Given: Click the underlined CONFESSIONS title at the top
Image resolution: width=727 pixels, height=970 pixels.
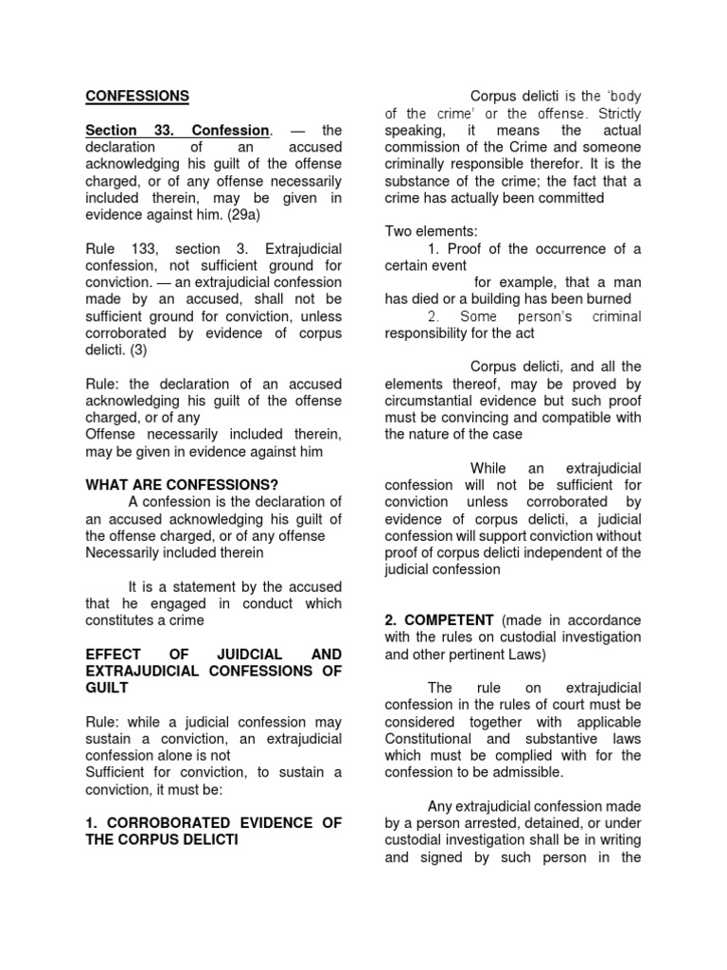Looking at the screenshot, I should coord(137,96).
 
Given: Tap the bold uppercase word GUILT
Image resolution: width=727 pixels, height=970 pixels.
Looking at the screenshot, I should coord(106,689).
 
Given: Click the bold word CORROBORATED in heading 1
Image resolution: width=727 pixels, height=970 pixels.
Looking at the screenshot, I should coord(159,823).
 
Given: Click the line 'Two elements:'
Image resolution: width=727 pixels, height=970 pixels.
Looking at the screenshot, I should coord(432,231).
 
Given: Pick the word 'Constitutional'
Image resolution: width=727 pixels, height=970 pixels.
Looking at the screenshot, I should coord(432,739).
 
